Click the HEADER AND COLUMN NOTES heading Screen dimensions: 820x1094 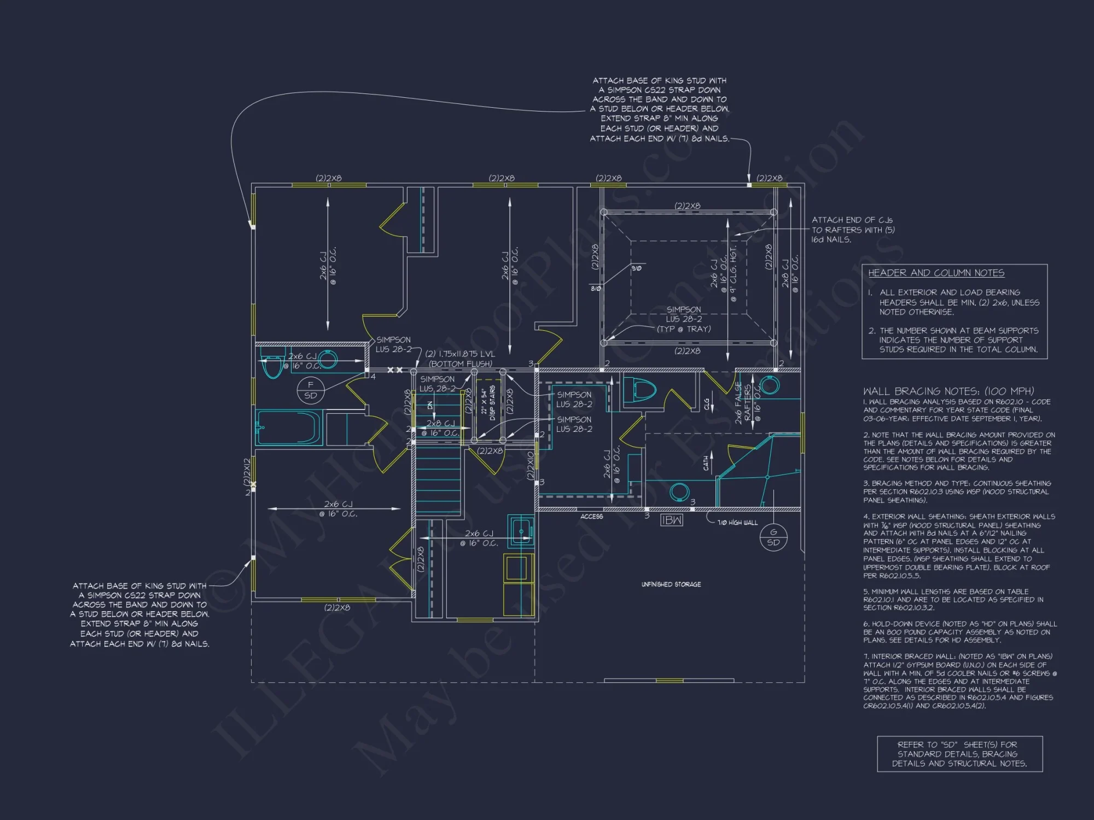(936, 273)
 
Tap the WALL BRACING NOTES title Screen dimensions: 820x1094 (948, 391)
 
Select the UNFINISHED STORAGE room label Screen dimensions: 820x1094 (671, 584)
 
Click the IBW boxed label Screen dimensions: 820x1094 (671, 520)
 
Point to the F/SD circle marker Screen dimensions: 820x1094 (310, 390)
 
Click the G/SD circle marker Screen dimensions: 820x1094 (773, 537)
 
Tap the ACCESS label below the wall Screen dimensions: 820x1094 (591, 517)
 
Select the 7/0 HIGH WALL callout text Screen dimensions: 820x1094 (737, 523)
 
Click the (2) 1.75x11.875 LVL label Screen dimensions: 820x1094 (460, 359)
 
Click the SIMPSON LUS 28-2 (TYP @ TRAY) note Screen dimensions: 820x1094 (684, 319)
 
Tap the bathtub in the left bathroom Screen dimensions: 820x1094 (289, 428)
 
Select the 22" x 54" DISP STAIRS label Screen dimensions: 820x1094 (488, 405)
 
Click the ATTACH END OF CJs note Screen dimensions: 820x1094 (852, 230)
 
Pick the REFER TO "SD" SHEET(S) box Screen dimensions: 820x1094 (959, 754)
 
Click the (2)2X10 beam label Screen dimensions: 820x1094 (529, 465)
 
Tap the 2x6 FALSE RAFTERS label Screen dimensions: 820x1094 (743, 403)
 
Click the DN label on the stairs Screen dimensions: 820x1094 (430, 406)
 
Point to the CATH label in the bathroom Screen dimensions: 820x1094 (706, 463)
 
